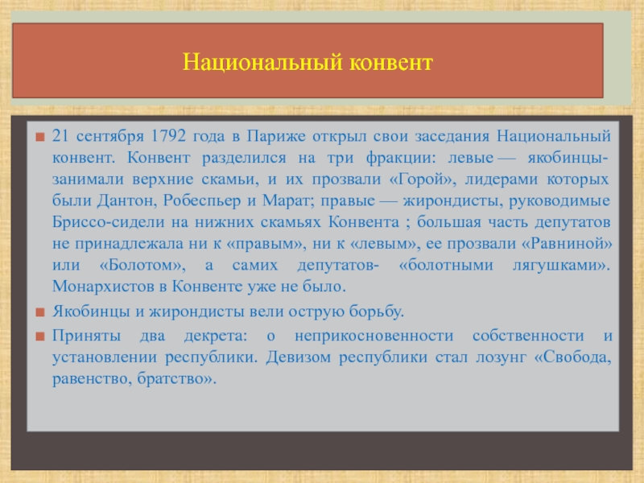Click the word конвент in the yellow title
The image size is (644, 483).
391,63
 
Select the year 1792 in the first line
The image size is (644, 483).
168,136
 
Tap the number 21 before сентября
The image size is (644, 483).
60,136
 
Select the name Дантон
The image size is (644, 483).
128,200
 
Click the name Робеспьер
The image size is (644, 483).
202,200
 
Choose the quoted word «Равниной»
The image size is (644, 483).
567,244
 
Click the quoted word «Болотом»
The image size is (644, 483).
142,265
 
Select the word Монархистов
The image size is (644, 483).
104,287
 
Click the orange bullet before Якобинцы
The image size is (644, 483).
39,312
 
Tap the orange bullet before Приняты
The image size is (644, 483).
39,336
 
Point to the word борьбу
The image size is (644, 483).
377,312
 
